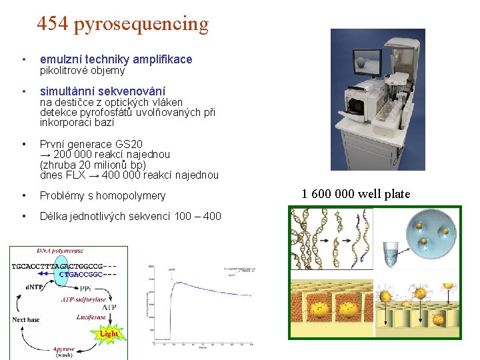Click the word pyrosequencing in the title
tap(141, 25)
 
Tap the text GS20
tap(129, 144)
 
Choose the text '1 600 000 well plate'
tap(356, 194)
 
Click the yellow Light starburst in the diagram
tap(108, 333)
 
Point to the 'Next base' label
tap(26, 319)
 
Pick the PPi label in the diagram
tap(85, 289)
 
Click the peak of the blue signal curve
tap(175, 283)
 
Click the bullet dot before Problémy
tap(24, 195)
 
